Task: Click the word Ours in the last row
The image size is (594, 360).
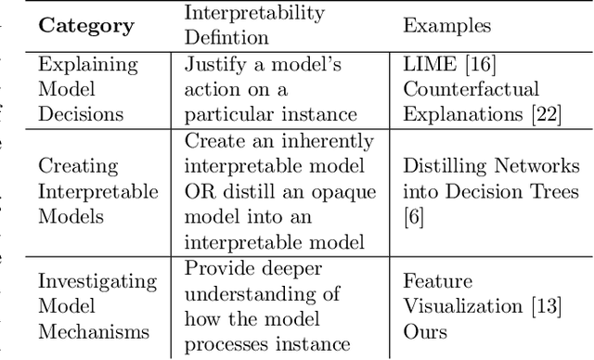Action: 425,330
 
